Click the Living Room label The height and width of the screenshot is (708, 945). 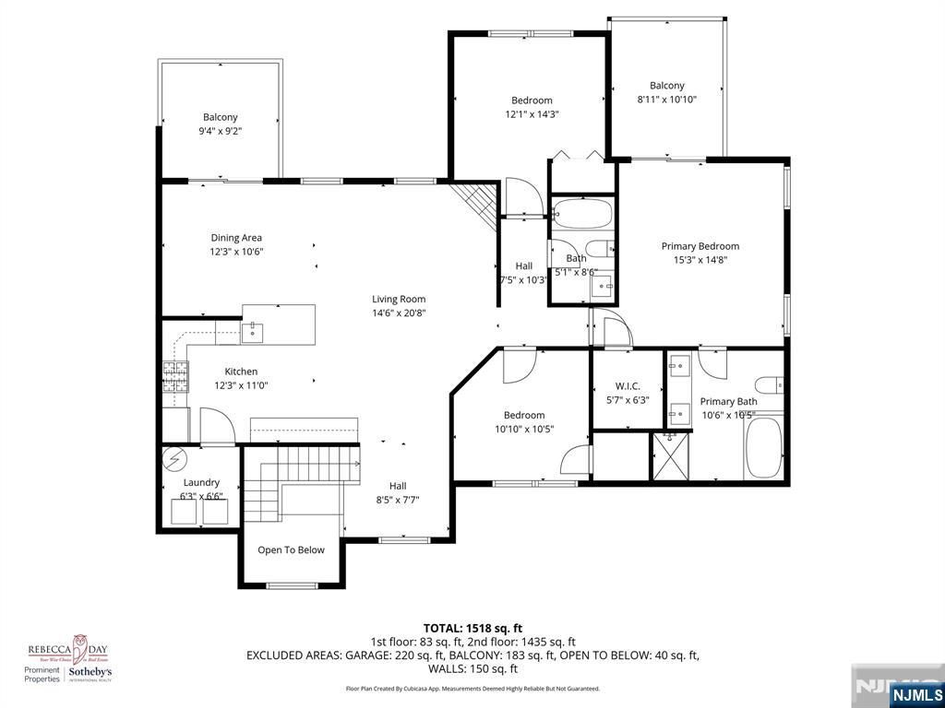(x=399, y=299)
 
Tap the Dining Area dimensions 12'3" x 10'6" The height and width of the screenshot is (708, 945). (x=236, y=252)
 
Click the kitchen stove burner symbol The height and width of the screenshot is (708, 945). (x=174, y=376)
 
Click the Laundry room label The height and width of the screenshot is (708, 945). (x=201, y=482)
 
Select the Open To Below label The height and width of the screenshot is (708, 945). (x=291, y=550)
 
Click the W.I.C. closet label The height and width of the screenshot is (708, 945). (x=628, y=386)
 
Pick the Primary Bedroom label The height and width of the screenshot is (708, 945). (x=700, y=246)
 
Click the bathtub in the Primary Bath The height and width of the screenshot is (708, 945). (x=763, y=448)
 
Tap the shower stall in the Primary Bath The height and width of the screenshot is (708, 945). (x=670, y=456)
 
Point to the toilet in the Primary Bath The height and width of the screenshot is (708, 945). (x=768, y=384)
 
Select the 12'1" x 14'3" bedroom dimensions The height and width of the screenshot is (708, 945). (x=532, y=115)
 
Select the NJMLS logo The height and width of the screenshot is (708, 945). (x=915, y=694)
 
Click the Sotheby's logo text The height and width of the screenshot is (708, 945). (x=90, y=674)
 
